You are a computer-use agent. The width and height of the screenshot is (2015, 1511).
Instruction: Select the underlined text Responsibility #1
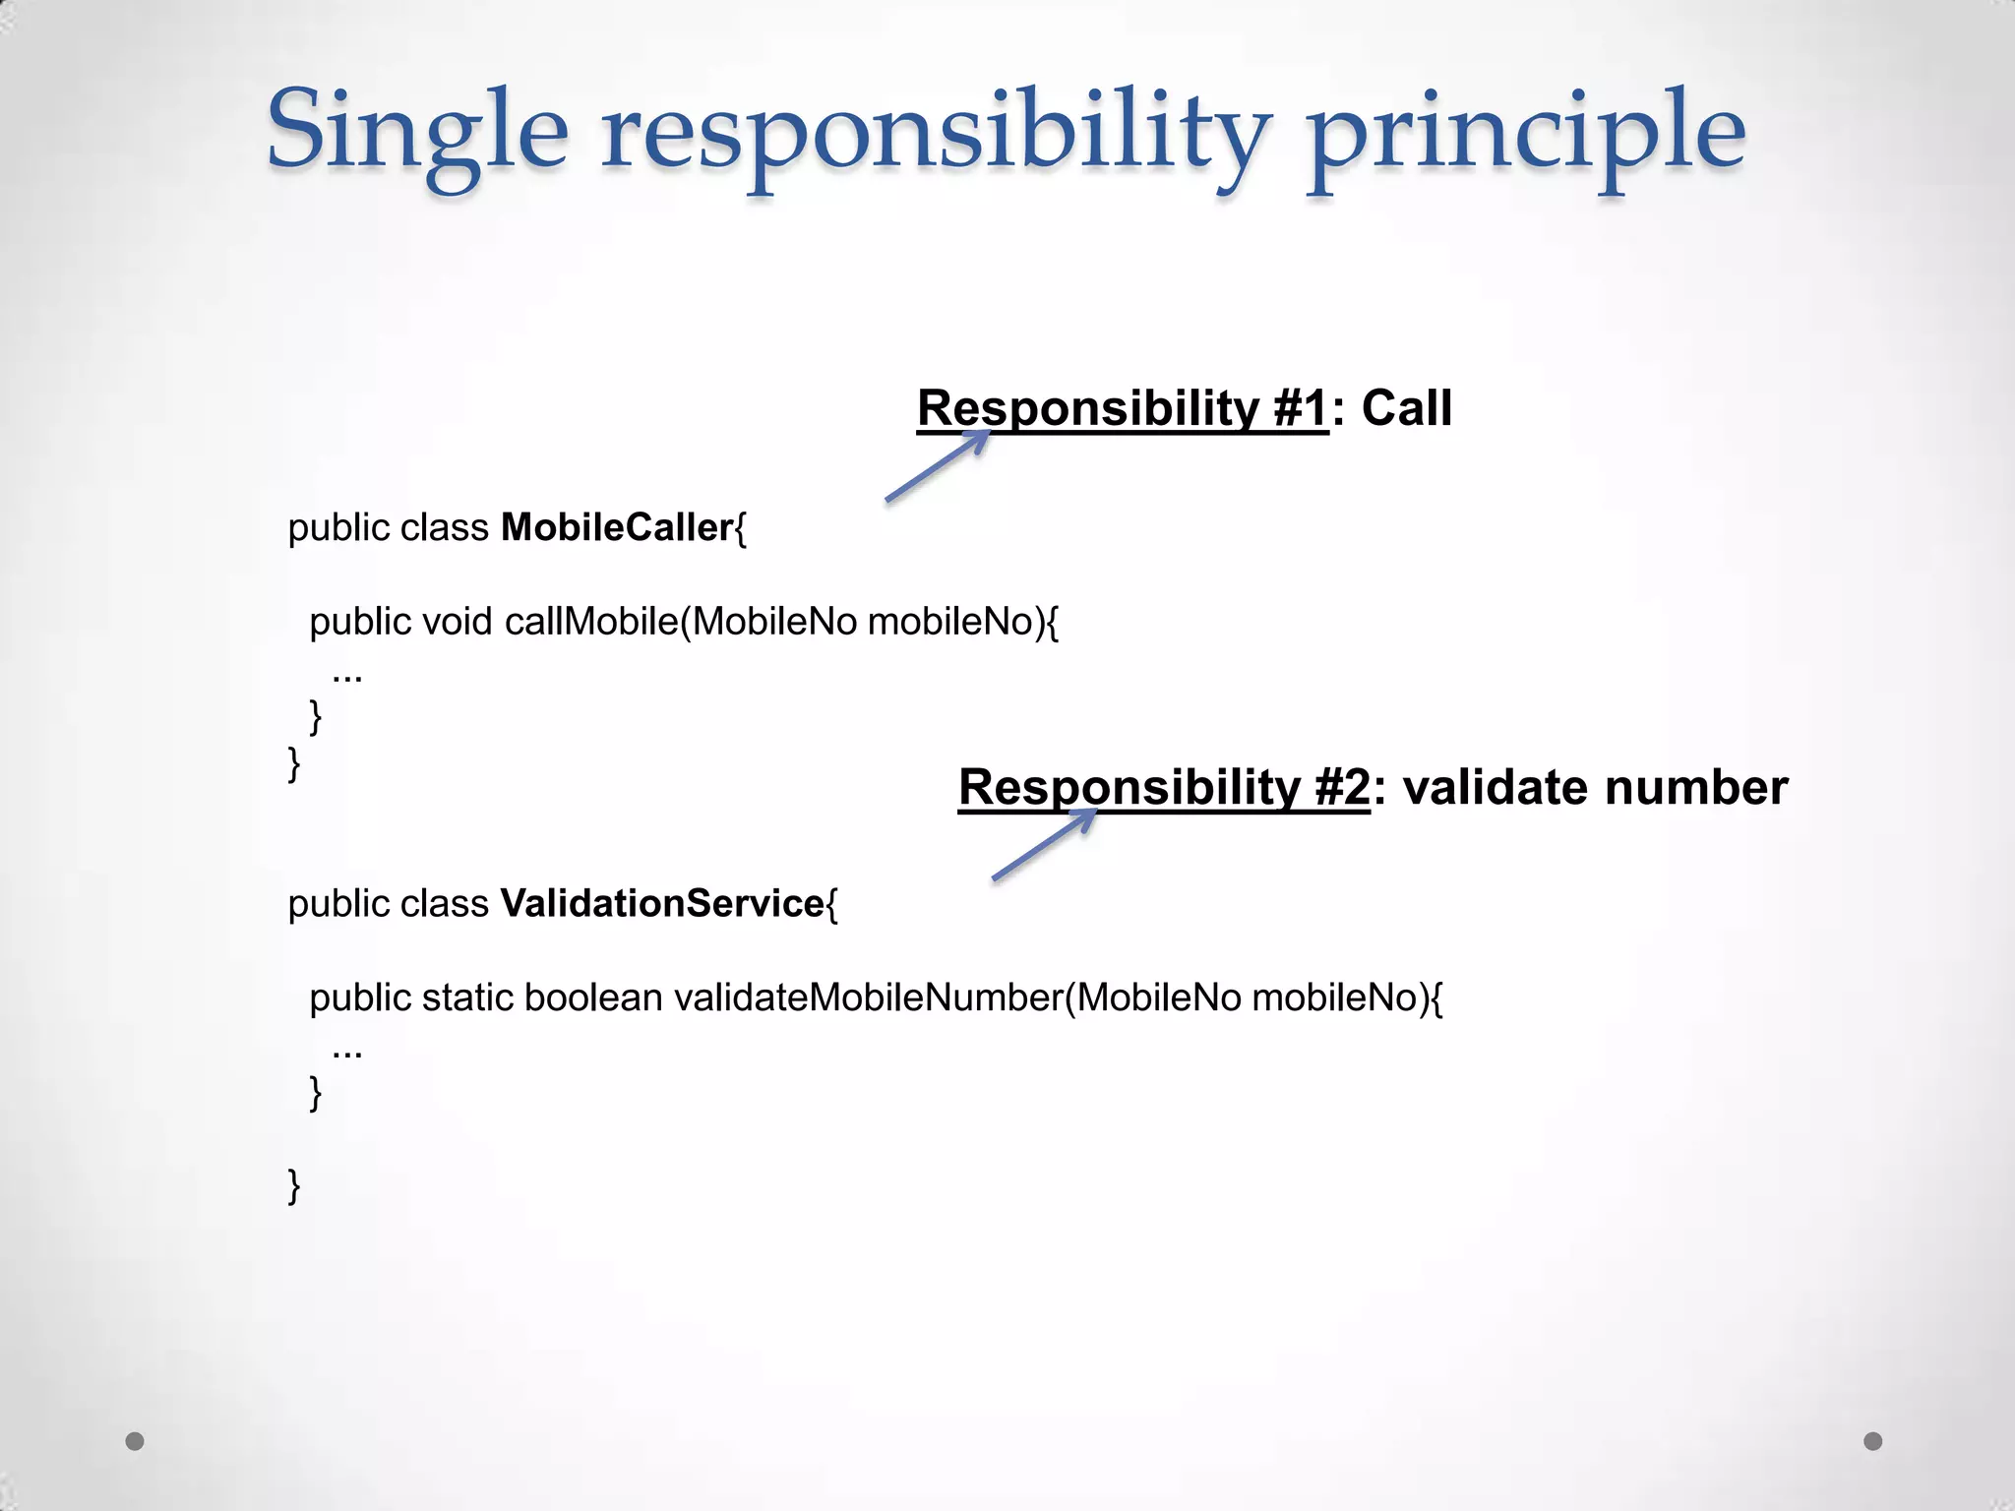(1123, 408)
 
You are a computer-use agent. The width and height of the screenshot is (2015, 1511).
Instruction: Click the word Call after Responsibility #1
(1407, 408)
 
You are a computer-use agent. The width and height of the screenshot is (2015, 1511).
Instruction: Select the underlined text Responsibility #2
(1164, 787)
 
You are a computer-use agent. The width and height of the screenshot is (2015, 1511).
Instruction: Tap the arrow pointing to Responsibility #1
(937, 466)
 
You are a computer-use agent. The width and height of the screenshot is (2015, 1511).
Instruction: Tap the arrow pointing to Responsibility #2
(1043, 844)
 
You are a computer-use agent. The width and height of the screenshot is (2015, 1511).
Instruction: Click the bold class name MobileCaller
(617, 528)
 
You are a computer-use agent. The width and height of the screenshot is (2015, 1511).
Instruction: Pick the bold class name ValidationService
(662, 904)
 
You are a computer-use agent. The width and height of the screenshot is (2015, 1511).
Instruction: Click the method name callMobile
(590, 622)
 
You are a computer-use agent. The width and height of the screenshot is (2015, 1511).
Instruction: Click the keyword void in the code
(457, 622)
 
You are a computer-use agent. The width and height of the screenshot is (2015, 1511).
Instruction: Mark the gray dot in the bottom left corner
(135, 1441)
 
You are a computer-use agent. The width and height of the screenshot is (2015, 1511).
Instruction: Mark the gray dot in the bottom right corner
(1873, 1441)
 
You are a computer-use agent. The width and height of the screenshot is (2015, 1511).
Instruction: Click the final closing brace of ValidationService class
(293, 1185)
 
